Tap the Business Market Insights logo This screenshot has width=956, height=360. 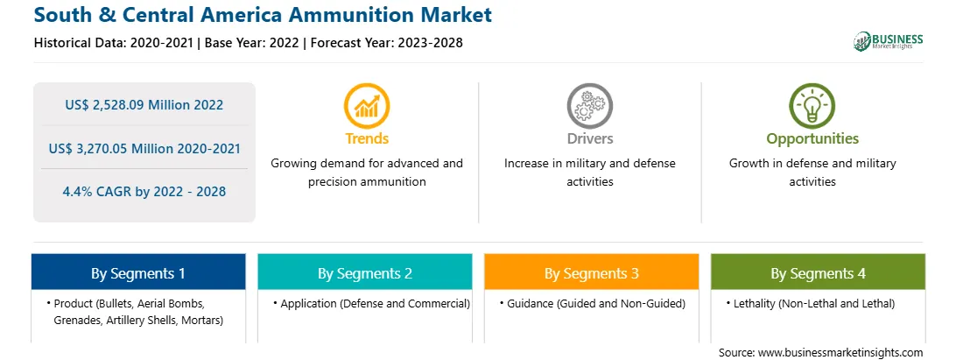click(x=889, y=41)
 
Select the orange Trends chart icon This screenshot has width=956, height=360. click(x=367, y=105)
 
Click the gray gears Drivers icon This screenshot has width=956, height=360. click(x=589, y=105)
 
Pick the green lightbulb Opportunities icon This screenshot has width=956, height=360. click(x=812, y=105)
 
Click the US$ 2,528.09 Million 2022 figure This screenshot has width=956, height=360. click(x=144, y=105)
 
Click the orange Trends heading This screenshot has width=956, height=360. click(x=367, y=138)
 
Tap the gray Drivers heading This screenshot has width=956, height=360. click(x=589, y=138)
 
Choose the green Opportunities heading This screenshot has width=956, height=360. click(x=812, y=139)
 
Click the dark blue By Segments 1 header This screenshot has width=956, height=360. click(x=138, y=272)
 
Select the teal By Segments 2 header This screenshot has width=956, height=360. click(x=365, y=272)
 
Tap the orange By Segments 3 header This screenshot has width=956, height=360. click(x=592, y=272)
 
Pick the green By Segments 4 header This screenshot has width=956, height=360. click(x=819, y=272)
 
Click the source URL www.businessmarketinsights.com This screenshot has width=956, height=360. click(x=840, y=353)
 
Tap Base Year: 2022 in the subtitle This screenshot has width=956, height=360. click(x=252, y=43)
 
